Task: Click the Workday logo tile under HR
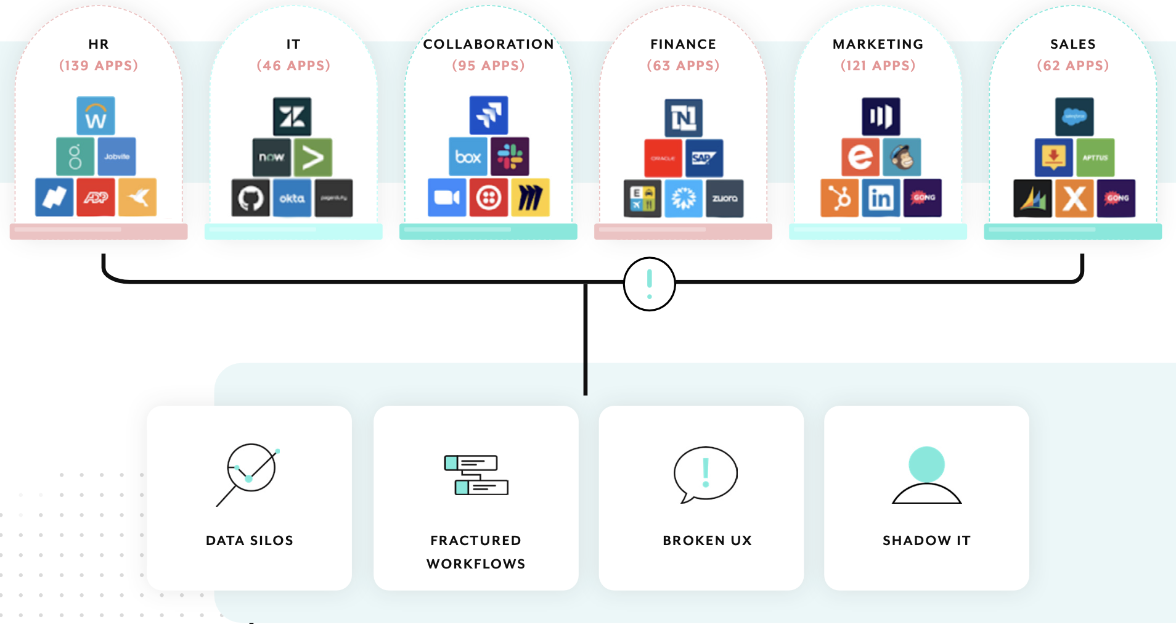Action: pyautogui.click(x=96, y=115)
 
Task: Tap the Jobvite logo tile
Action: pyautogui.click(x=116, y=157)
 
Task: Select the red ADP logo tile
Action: pyautogui.click(x=96, y=197)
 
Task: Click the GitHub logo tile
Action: pyautogui.click(x=250, y=198)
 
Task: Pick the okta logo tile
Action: pyautogui.click(x=292, y=198)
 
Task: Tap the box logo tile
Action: pyautogui.click(x=468, y=157)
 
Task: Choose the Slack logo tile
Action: pyautogui.click(x=510, y=157)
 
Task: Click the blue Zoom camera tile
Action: pyautogui.click(x=447, y=197)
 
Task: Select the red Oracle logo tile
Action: pyautogui.click(x=663, y=158)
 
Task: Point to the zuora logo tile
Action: pyautogui.click(x=725, y=199)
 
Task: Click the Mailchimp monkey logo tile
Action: pyautogui.click(x=902, y=157)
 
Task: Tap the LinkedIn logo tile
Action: pyautogui.click(x=881, y=198)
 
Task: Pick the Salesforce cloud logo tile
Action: pyautogui.click(x=1074, y=117)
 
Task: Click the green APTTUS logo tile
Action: pyautogui.click(x=1095, y=158)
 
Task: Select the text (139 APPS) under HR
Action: pyautogui.click(x=99, y=65)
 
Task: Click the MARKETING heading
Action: pyautogui.click(x=878, y=44)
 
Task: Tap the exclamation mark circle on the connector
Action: pyautogui.click(x=650, y=284)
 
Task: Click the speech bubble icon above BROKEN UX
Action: pyautogui.click(x=706, y=474)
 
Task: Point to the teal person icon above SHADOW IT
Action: pyautogui.click(x=926, y=475)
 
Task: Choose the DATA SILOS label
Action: pyautogui.click(x=250, y=541)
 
